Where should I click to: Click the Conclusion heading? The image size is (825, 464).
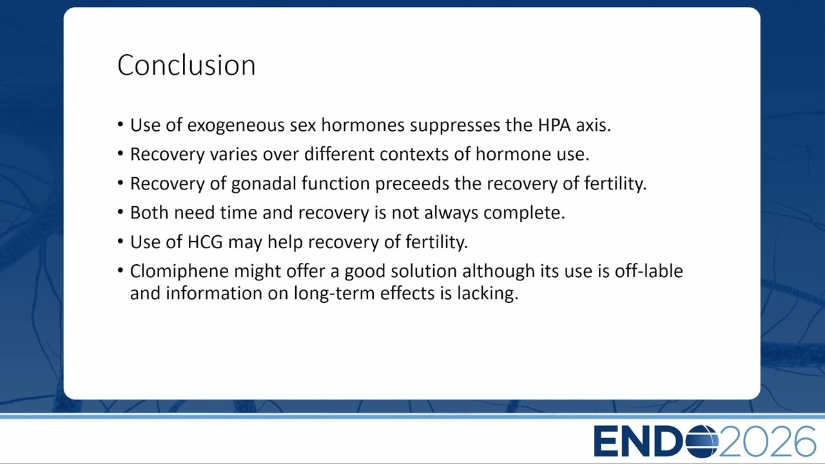186,65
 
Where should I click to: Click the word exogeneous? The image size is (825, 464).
236,125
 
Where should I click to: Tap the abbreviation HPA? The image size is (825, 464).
554,125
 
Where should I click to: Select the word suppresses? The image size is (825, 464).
455,126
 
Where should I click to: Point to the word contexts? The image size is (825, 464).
414,154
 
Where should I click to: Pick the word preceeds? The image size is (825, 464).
412,184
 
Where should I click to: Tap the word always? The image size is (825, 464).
451,213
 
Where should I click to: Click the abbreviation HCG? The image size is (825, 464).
205,242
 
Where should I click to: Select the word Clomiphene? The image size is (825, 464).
179,271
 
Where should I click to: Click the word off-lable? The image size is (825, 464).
648,271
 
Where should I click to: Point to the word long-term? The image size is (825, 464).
334,293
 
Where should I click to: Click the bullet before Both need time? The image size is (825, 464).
121,212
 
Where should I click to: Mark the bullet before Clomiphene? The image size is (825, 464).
121,271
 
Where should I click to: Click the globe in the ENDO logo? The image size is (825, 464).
702,441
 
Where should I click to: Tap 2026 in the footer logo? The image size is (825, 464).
767,441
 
